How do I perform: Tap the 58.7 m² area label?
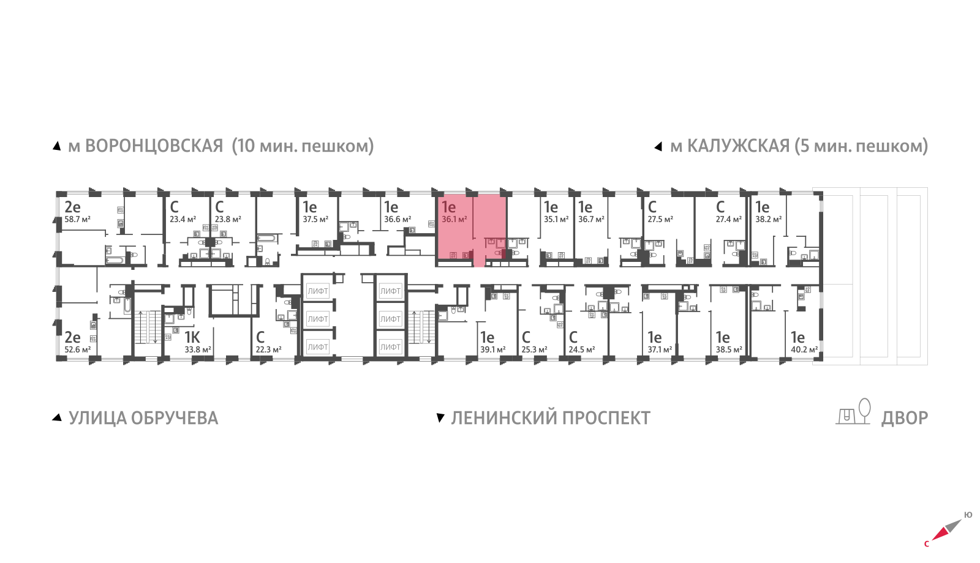[77, 219]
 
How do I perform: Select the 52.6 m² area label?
[77, 349]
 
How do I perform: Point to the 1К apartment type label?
[192, 337]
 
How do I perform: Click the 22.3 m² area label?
[268, 349]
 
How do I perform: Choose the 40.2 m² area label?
[804, 349]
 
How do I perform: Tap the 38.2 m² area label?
[768, 219]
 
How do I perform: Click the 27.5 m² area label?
[660, 219]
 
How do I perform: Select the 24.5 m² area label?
[581, 349]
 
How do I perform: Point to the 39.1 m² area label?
[492, 349]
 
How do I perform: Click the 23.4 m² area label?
[183, 219]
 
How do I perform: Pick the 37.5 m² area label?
[315, 219]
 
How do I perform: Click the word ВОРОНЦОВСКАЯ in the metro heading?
[154, 146]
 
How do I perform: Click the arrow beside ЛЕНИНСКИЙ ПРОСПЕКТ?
[440, 418]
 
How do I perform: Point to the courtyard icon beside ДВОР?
[854, 412]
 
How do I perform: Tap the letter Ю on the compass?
[968, 515]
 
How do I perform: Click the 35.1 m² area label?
[556, 219]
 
